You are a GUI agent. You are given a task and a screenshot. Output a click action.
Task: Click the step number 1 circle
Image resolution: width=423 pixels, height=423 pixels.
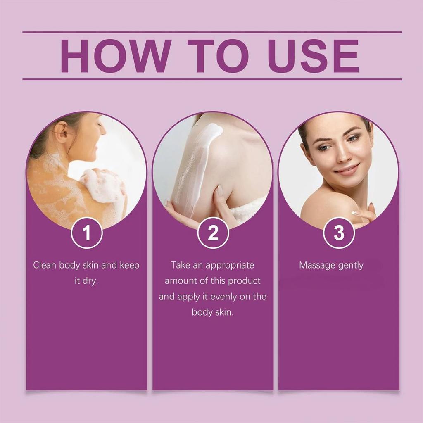(x=87, y=233)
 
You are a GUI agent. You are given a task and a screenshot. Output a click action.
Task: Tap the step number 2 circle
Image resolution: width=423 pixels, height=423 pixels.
(x=213, y=233)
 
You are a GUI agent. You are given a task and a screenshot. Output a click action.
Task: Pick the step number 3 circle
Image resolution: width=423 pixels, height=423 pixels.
(x=339, y=233)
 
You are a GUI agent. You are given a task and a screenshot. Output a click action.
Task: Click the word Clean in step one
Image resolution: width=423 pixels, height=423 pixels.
(x=45, y=265)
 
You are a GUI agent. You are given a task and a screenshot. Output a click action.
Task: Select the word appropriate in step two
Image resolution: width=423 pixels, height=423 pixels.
(x=230, y=265)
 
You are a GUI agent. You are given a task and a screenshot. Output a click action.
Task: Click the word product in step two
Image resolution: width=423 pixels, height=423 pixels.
(x=245, y=281)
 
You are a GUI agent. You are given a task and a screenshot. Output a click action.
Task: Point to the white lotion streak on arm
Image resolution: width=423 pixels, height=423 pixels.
(x=194, y=165)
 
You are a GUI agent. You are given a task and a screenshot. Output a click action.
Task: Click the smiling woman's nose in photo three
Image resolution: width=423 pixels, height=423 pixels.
(x=341, y=155)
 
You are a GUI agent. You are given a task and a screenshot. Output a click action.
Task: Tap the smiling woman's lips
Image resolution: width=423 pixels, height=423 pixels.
(x=347, y=169)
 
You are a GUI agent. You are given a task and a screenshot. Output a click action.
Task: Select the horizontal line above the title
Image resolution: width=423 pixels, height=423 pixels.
(x=211, y=32)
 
